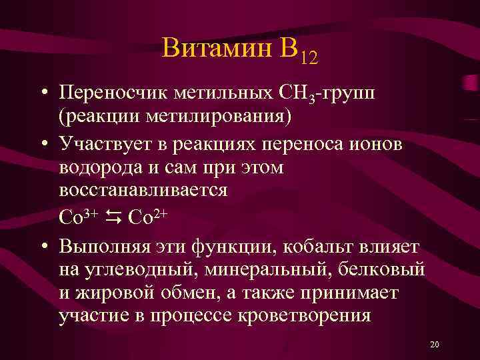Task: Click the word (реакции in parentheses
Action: pos(96,115)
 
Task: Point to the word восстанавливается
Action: pos(143,189)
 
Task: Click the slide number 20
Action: pos(435,344)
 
